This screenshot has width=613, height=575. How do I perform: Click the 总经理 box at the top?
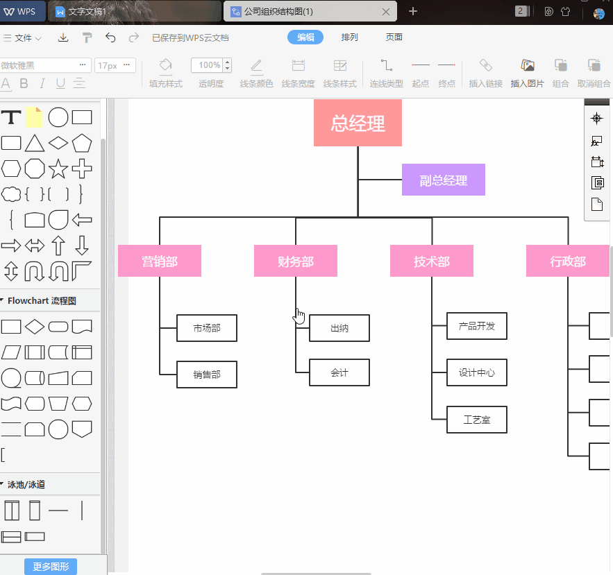(x=358, y=123)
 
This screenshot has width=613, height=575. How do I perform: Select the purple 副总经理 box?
(x=443, y=180)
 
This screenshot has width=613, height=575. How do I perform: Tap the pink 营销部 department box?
(x=160, y=261)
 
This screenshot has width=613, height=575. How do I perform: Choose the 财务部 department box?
(x=296, y=261)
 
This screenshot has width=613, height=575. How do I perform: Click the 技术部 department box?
(x=432, y=261)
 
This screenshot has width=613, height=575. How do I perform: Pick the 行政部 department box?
(x=568, y=261)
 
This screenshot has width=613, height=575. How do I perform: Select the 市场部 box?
(x=207, y=328)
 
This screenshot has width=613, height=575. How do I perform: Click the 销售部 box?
(x=207, y=375)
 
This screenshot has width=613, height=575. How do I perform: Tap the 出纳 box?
(x=339, y=328)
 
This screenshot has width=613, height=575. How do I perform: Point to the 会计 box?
(x=339, y=372)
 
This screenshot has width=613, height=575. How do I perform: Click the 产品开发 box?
(x=477, y=326)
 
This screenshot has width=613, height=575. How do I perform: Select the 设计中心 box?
(x=477, y=372)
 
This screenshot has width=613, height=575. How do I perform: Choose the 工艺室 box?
(x=477, y=420)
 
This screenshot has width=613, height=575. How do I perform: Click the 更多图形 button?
(x=51, y=567)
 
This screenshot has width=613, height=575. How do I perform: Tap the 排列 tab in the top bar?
(x=350, y=37)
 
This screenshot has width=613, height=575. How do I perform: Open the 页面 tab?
(x=394, y=37)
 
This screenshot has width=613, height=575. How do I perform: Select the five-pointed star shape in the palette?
(x=58, y=169)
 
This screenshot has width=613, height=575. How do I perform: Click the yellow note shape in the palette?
(x=35, y=117)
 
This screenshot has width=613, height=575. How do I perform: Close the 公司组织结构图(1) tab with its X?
(x=386, y=12)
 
